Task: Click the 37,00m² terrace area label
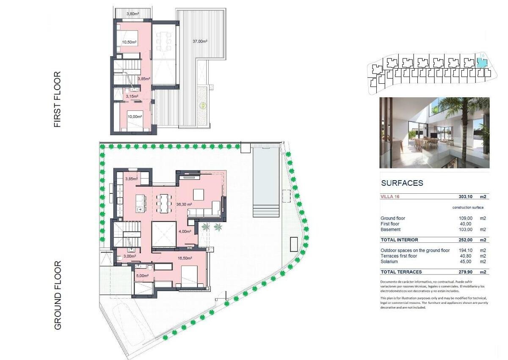tap(200, 41)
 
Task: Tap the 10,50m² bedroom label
tap(129, 42)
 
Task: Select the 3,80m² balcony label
tap(133, 14)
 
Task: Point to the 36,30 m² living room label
tap(184, 204)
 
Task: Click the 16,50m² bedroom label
tap(185, 258)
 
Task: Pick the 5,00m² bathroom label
tap(142, 276)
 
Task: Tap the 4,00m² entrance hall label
tap(185, 231)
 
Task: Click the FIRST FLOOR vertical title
tap(58, 99)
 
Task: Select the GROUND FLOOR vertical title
tap(58, 295)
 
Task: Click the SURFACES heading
tap(402, 183)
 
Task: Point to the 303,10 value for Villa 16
tap(465, 197)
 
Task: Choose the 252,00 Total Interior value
tap(465, 240)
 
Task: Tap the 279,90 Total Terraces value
tap(465, 272)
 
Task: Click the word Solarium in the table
tap(389, 262)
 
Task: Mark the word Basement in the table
tap(390, 230)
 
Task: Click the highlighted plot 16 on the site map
tap(482, 63)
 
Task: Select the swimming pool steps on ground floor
tap(266, 211)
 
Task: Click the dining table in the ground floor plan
tap(164, 203)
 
